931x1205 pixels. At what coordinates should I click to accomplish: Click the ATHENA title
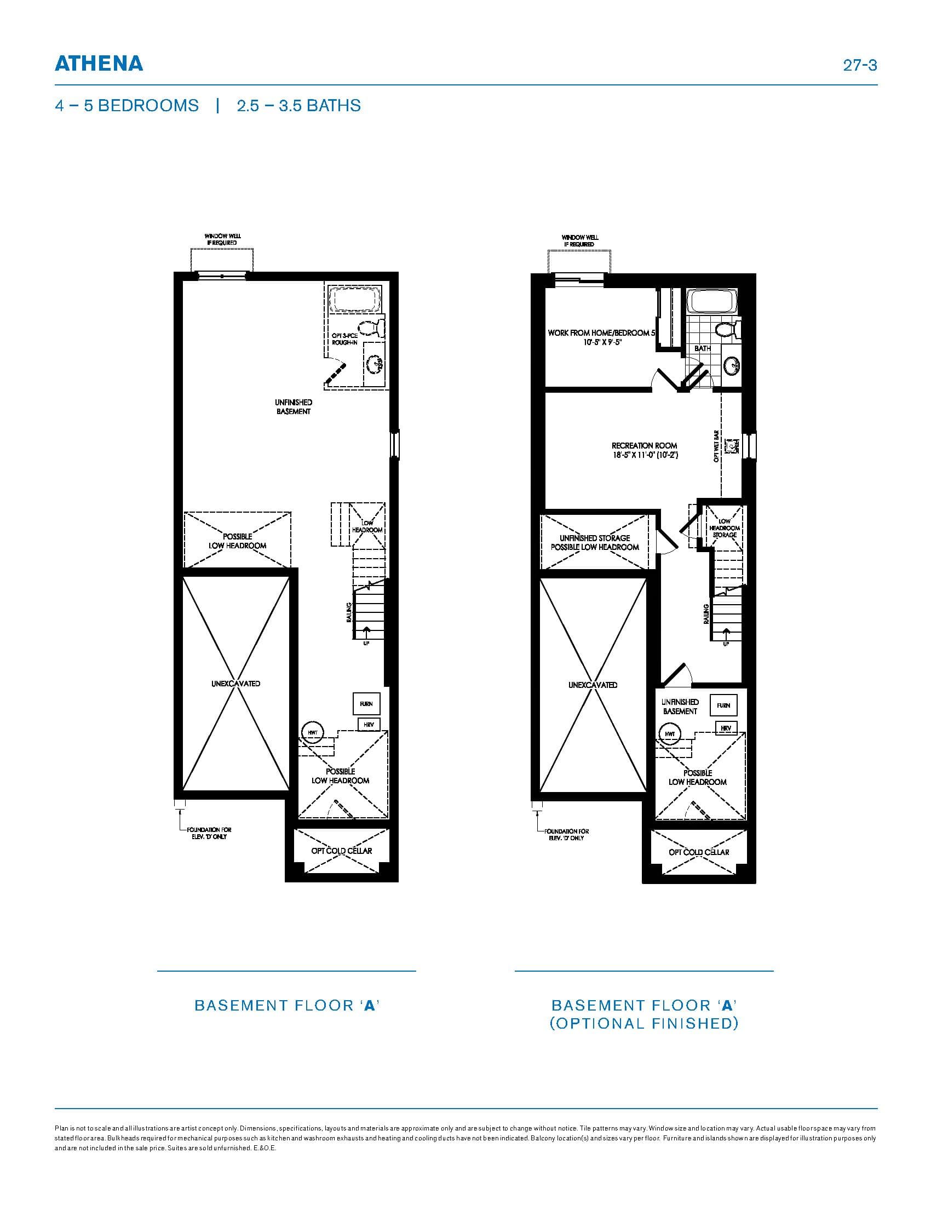click(x=99, y=64)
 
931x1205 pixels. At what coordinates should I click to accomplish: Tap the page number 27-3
click(x=860, y=65)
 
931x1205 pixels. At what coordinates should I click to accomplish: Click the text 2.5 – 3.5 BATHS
click(x=298, y=105)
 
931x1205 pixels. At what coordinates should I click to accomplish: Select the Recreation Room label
click(x=644, y=450)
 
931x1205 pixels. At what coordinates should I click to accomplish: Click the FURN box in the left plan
click(x=366, y=704)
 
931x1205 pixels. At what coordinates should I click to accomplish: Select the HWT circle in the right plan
click(x=670, y=735)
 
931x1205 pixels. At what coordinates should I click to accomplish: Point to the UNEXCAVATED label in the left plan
click(x=235, y=684)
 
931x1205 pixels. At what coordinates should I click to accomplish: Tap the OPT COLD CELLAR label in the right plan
click(x=699, y=852)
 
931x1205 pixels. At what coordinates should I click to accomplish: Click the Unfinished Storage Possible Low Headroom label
click(x=595, y=542)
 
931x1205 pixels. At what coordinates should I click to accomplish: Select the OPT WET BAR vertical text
click(x=716, y=446)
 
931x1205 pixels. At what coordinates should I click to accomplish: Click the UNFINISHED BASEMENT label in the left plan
click(x=294, y=407)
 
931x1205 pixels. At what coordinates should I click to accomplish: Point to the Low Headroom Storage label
click(x=724, y=528)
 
